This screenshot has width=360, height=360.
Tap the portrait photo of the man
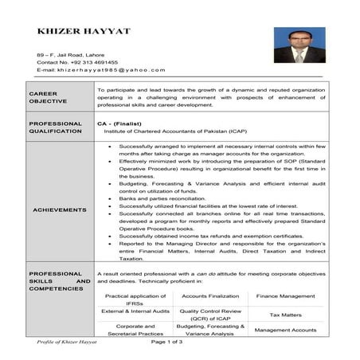pyautogui.click(x=299, y=45)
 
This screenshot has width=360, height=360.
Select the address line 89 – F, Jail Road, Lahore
pyautogui.click(x=72, y=53)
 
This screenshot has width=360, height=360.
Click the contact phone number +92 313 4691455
pyautogui.click(x=77, y=61)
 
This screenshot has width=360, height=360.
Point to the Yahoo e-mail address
pyautogui.click(x=101, y=70)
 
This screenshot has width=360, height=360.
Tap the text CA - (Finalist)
pyautogui.click(x=123, y=125)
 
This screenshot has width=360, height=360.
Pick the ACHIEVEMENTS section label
pyautogui.click(x=60, y=209)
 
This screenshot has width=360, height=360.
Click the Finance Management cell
pyautogui.click(x=284, y=295)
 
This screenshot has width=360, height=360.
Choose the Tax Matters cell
pyautogui.click(x=284, y=315)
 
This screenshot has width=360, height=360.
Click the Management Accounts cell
pyautogui.click(x=284, y=331)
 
